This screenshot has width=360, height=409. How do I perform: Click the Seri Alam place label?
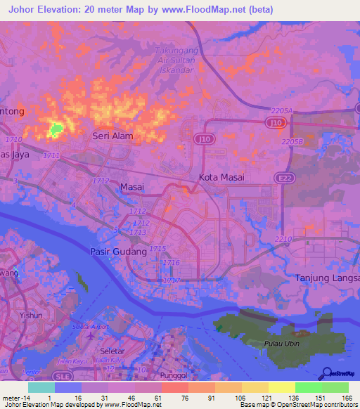[112, 137]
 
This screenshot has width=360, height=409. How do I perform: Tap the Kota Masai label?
[222, 177]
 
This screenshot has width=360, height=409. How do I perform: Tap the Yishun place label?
[32, 316]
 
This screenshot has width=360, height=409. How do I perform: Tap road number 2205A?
[281, 111]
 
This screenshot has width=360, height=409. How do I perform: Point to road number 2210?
[283, 240]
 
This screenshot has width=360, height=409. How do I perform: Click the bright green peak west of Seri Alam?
[55, 129]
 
